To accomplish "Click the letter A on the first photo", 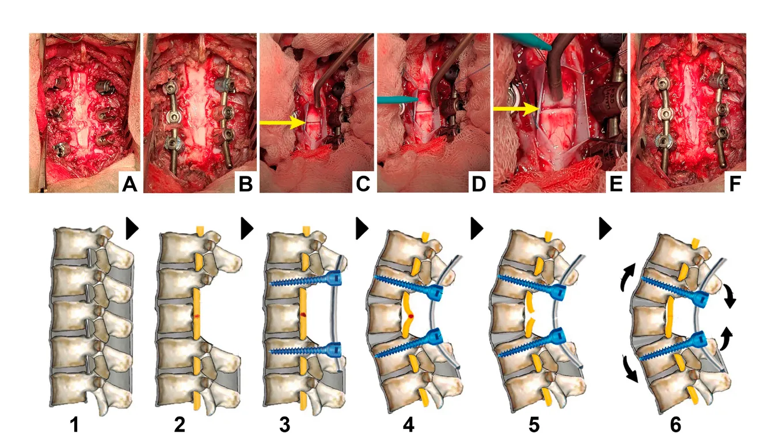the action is click(x=130, y=184).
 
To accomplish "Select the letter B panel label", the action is click(x=245, y=184).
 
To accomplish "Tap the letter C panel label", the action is click(x=363, y=184).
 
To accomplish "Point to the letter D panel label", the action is click(x=479, y=184).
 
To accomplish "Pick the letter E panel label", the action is click(x=616, y=184).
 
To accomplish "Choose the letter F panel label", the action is click(x=735, y=184).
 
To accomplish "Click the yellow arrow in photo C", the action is click(x=283, y=123).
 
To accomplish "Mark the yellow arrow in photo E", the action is click(x=516, y=109).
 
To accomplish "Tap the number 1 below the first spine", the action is click(x=74, y=425).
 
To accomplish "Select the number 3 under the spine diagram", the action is click(x=285, y=425).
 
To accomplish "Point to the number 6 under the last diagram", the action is click(x=675, y=425).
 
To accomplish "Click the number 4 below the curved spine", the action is click(x=408, y=425).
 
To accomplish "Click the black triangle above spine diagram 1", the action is click(x=132, y=228).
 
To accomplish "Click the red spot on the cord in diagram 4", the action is click(x=411, y=316).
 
